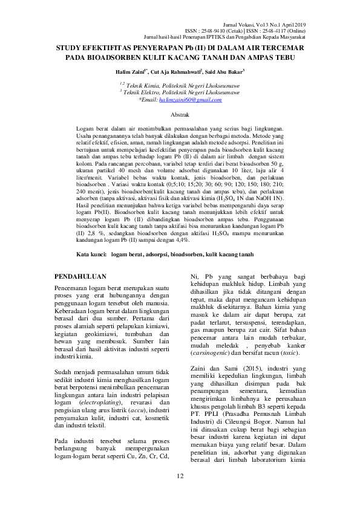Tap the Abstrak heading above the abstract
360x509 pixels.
[x=180, y=114]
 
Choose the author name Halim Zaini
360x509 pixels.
[x=131, y=71]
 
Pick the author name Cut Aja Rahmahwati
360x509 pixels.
[x=175, y=71]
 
